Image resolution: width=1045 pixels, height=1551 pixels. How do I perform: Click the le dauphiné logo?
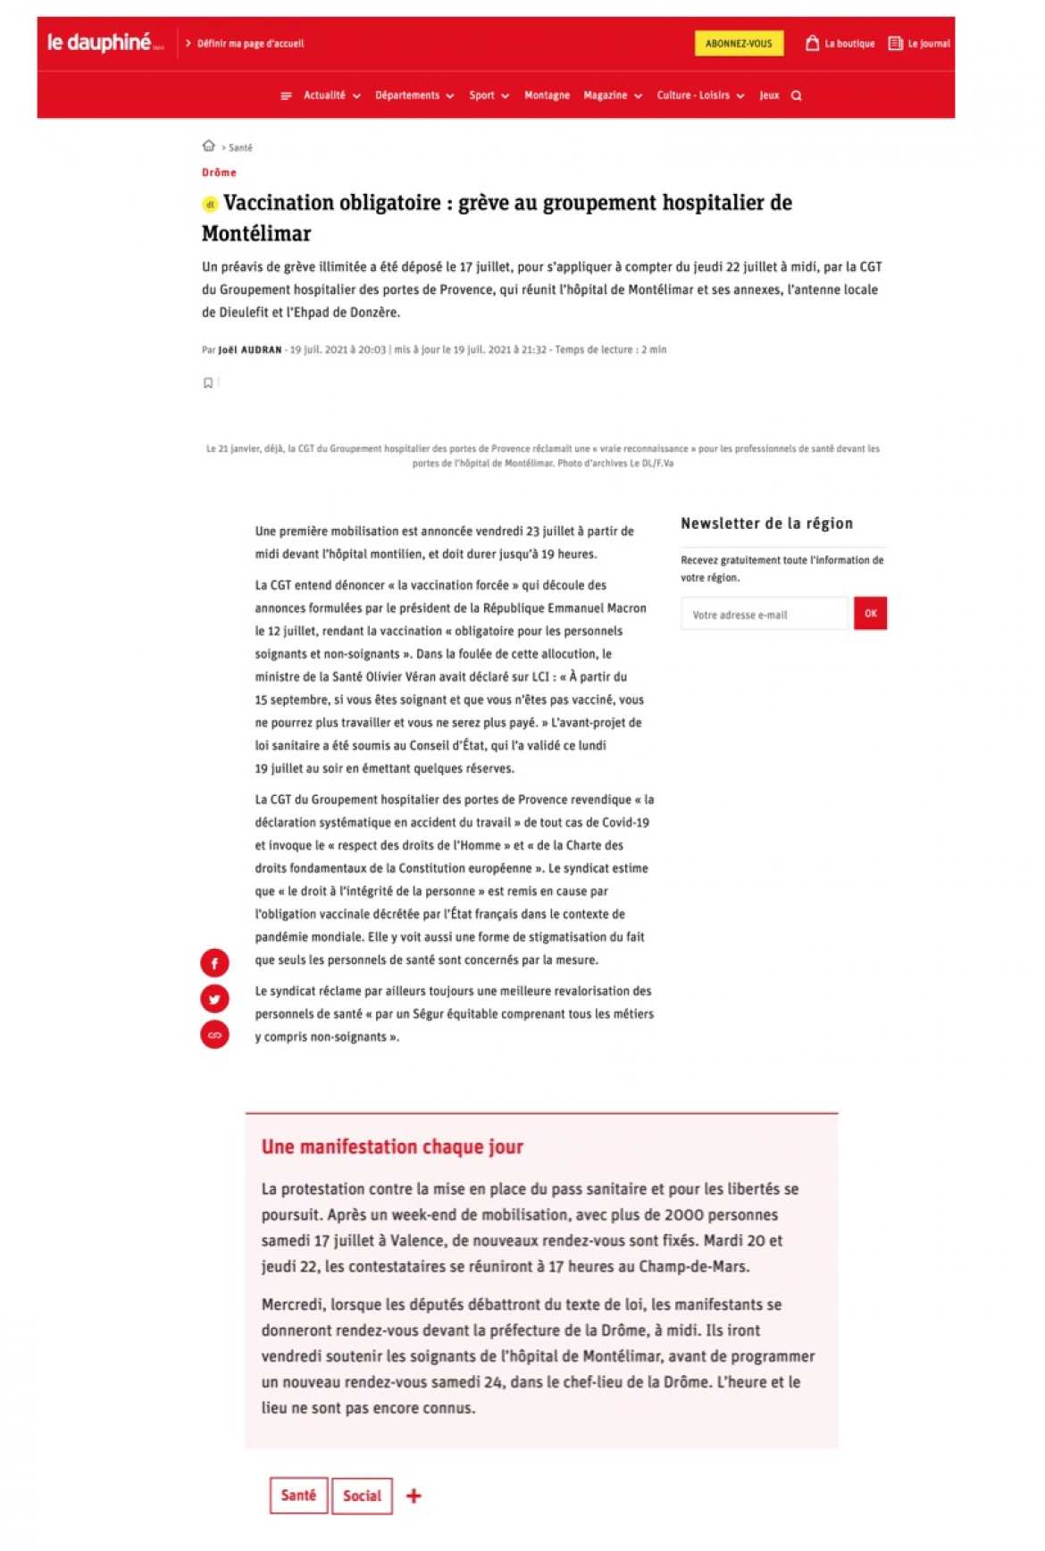pos(100,42)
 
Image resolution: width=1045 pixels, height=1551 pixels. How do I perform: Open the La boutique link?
pos(840,43)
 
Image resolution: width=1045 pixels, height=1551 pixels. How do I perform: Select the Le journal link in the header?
pos(919,43)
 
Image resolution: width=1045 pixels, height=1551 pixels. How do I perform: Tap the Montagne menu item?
pos(547,96)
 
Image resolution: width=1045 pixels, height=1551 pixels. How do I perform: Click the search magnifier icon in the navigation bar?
pos(796,96)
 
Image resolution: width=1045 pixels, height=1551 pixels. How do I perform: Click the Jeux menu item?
pos(769,96)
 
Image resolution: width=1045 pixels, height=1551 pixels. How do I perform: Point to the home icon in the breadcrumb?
pos(208,146)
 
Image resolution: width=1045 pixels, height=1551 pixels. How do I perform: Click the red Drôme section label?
pos(219,172)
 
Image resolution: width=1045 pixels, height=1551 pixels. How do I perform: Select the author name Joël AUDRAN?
pos(250,349)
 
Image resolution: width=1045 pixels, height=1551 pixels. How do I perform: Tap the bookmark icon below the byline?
pos(208,382)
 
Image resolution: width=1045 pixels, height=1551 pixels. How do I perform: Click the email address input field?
pos(764,614)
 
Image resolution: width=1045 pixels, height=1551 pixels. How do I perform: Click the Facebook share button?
pos(214,962)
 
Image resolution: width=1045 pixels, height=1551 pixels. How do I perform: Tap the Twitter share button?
pos(214,998)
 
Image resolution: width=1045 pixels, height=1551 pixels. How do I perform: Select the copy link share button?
pos(214,1034)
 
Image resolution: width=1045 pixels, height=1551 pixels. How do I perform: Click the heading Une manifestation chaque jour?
pos(392,1146)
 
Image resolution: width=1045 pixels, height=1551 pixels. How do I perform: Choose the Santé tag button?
pos(298,1495)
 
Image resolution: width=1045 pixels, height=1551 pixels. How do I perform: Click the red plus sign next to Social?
pos(414,1496)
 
